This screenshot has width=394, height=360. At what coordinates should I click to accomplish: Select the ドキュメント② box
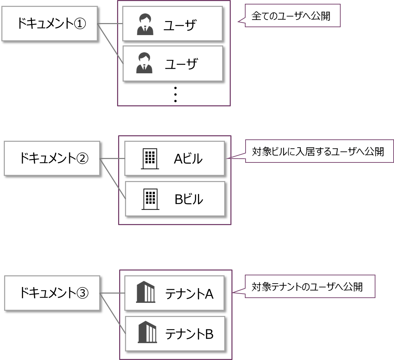click(x=52, y=158)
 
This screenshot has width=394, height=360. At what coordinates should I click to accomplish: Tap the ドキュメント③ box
click(x=52, y=293)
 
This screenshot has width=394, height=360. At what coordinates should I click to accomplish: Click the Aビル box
click(x=174, y=158)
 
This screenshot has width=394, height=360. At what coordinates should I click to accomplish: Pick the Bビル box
click(x=175, y=199)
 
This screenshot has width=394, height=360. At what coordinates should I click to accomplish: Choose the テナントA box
click(x=174, y=293)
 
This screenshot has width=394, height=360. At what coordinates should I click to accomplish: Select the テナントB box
click(x=175, y=334)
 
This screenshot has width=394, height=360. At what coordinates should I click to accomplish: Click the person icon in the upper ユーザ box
click(x=145, y=24)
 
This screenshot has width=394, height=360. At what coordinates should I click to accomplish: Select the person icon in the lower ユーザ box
click(x=144, y=63)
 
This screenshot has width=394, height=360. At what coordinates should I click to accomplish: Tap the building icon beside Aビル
click(x=150, y=159)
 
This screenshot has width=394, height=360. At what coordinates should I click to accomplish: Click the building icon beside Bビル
click(x=151, y=199)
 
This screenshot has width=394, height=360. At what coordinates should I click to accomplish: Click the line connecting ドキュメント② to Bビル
click(x=113, y=179)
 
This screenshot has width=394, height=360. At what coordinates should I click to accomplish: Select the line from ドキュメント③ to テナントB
click(x=113, y=314)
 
